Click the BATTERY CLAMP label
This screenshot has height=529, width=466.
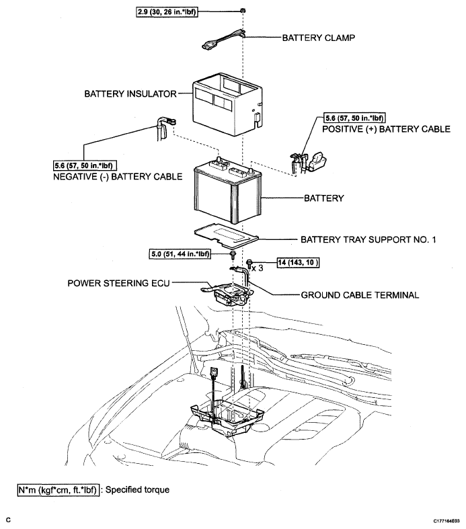click(x=319, y=38)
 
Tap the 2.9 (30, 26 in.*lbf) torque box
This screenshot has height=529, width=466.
click(x=167, y=12)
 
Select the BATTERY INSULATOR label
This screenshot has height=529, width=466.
click(x=130, y=94)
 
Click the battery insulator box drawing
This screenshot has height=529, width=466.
click(x=227, y=104)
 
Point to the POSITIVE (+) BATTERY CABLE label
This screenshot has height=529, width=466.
click(x=386, y=129)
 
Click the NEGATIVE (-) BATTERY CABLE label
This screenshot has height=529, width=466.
click(x=118, y=177)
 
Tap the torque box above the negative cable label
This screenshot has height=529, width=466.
click(x=85, y=165)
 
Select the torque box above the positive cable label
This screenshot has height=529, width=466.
click(x=354, y=118)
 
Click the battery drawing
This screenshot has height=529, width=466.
click(x=227, y=191)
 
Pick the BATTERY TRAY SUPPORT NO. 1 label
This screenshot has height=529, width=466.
click(x=368, y=239)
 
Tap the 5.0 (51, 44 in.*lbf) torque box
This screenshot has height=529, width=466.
click(x=180, y=253)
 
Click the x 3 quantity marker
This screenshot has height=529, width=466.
click(x=258, y=268)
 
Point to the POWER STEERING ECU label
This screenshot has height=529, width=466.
click(x=118, y=283)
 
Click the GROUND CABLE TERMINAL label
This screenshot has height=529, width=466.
click(x=360, y=295)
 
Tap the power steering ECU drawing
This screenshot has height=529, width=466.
click(x=227, y=292)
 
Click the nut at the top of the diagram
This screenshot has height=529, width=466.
click(x=243, y=11)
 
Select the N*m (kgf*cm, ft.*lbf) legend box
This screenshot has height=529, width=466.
click(x=59, y=490)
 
